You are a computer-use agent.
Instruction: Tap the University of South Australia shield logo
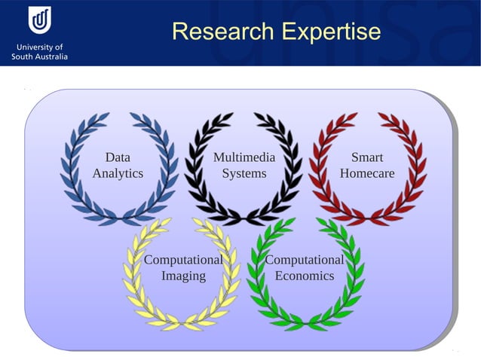pos(39,20)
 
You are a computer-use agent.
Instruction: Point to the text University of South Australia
pos(39,51)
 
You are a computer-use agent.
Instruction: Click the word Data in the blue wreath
pos(118,157)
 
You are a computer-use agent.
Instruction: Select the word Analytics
pos(118,173)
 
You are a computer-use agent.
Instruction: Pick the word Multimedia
pos(244,157)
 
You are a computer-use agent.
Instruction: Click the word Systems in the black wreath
pos(244,173)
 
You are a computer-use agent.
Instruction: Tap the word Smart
pos(367,157)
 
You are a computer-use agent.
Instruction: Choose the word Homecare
pos(367,173)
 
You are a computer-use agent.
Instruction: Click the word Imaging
pos(183,276)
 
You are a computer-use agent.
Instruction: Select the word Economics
pos(304,276)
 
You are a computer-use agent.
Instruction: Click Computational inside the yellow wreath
pos(183,260)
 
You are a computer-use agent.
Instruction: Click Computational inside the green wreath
pos(304,260)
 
